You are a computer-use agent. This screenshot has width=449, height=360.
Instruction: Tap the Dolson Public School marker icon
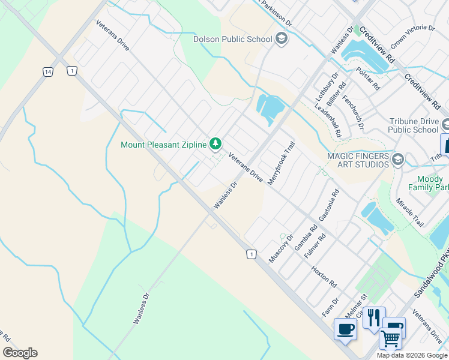tap(281, 40)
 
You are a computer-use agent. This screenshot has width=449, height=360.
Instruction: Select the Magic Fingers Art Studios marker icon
tap(398, 160)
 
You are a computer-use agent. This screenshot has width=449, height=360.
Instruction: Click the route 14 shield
tap(47, 71)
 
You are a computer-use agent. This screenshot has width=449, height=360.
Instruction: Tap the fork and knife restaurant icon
tap(373, 316)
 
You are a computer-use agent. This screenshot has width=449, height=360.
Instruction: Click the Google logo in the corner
tap(20, 353)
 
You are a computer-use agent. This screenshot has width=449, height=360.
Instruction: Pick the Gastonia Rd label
tap(330, 206)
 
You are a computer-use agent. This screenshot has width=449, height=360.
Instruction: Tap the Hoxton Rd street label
tap(324, 277)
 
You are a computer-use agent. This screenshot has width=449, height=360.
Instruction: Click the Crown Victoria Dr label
tap(412, 36)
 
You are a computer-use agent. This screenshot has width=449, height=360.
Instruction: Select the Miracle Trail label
tap(409, 211)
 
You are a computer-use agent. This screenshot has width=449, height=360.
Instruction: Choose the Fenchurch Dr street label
tap(354, 113)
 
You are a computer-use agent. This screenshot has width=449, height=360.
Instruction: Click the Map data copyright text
tap(412, 355)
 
